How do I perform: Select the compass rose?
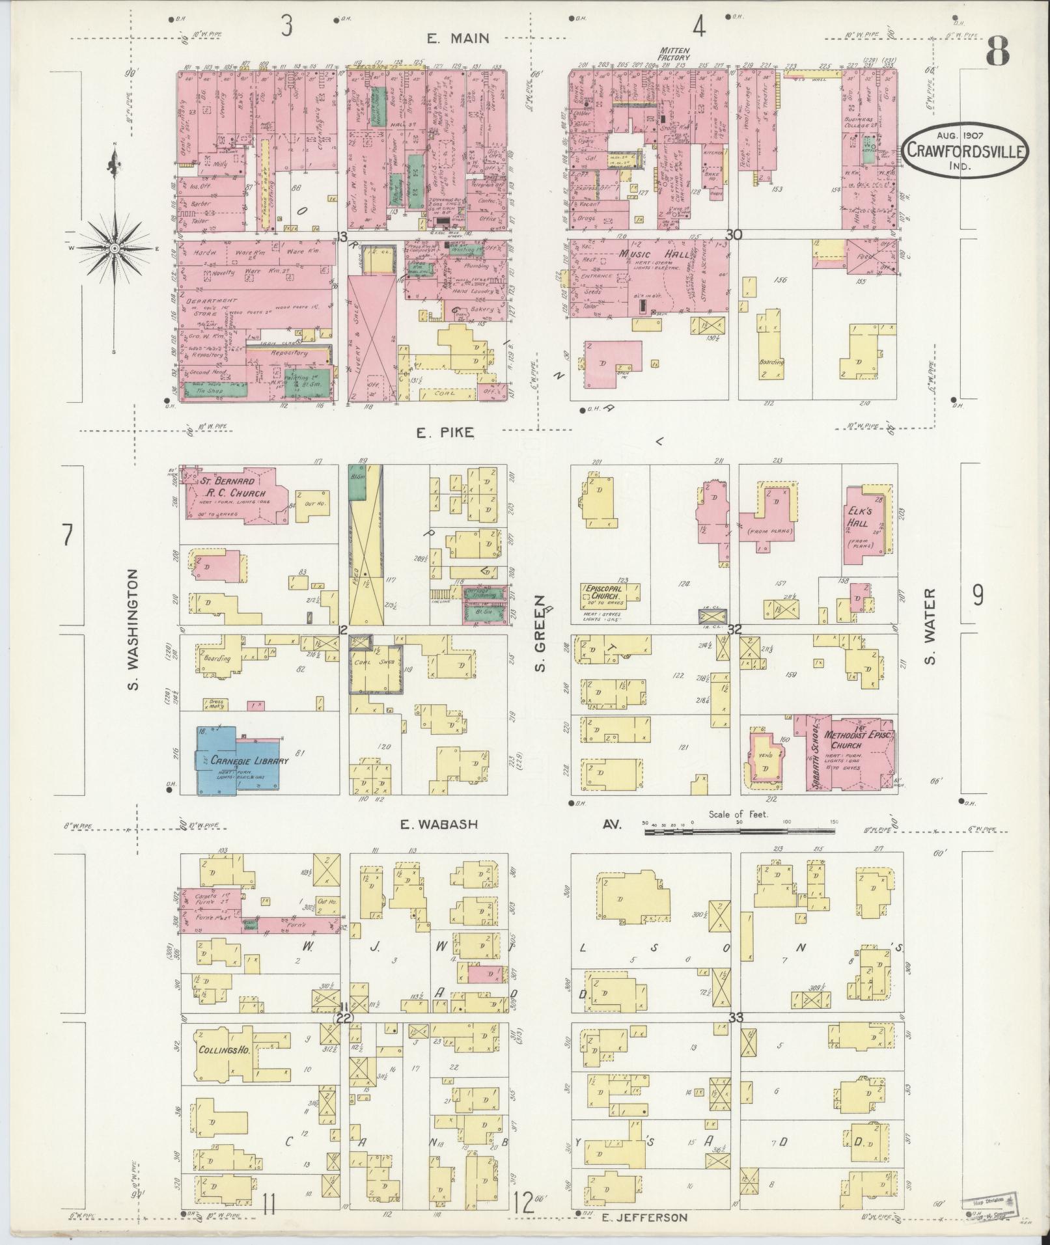(115, 248)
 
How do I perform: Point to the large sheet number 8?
(997, 51)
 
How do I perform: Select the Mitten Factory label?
(674, 53)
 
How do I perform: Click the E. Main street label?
(458, 38)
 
